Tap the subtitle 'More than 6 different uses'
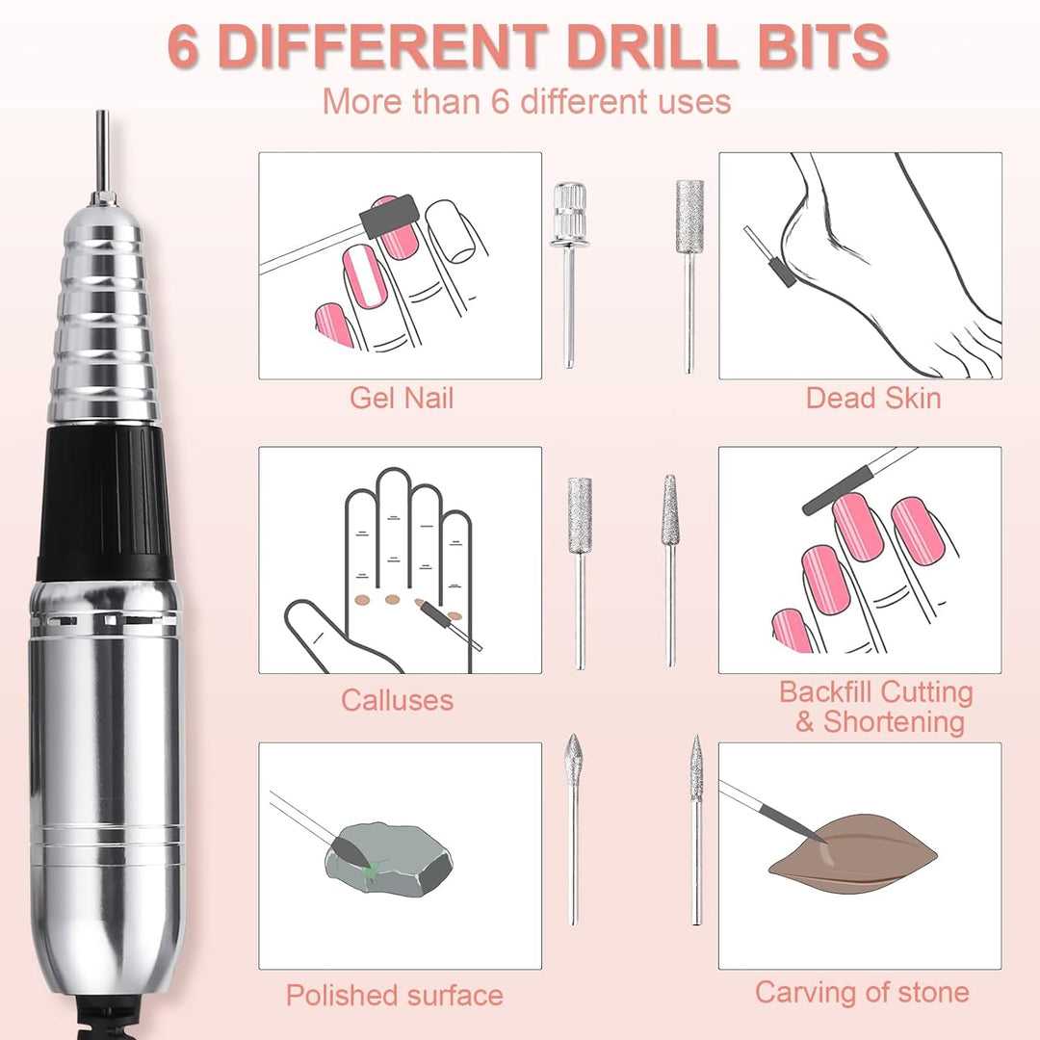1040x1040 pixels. pos(527,101)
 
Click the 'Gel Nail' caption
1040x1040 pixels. pos(401,397)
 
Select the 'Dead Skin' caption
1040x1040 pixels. pos(873,397)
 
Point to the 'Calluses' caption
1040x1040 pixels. pos(397,700)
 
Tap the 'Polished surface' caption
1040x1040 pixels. pos(394,994)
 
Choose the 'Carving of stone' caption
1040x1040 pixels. pos(862,992)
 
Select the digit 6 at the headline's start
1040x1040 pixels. pos(185,45)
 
